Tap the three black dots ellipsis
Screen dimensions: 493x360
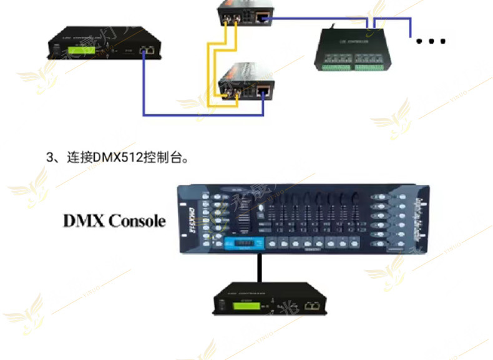tap(431, 42)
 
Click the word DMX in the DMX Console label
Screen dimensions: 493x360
tap(84, 221)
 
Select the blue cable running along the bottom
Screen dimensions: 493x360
tap(206, 115)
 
